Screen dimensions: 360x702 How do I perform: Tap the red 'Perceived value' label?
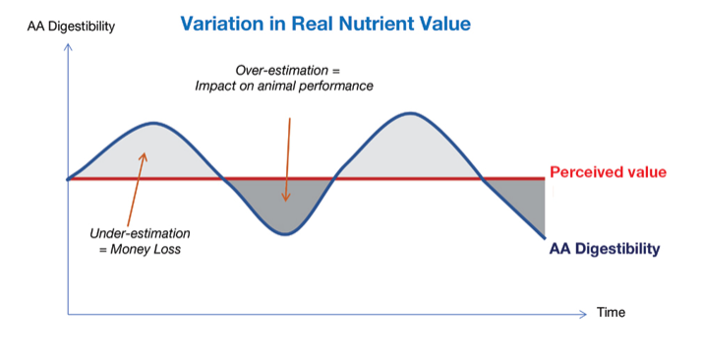(608, 173)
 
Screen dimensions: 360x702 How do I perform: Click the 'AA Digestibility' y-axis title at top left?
(72, 27)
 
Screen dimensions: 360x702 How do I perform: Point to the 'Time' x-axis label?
(610, 314)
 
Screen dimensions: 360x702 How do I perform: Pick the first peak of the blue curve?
(154, 123)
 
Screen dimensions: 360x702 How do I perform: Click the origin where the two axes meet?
(68, 314)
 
